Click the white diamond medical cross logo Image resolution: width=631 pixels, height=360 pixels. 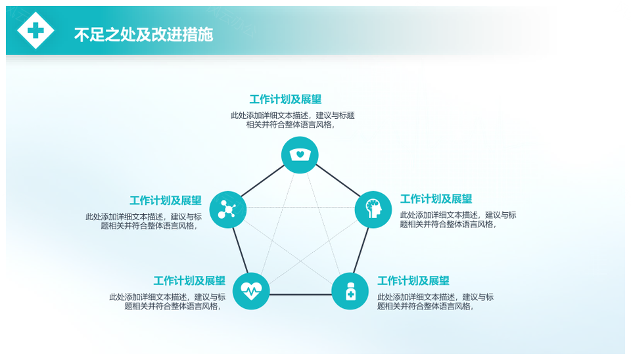[35, 30]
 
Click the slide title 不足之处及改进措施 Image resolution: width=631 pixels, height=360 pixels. [143, 35]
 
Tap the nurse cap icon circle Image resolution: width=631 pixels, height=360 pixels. [300, 155]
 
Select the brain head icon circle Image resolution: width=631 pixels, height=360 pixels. [373, 210]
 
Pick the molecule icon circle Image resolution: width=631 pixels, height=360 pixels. [228, 210]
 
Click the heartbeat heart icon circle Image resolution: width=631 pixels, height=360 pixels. [251, 291]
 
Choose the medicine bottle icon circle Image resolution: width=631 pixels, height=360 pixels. [350, 291]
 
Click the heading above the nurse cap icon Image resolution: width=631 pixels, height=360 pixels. [285, 99]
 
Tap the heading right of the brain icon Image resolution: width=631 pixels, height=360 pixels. [436, 198]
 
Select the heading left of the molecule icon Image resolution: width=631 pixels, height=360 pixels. [166, 200]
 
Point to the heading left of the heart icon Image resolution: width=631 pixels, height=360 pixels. [189, 281]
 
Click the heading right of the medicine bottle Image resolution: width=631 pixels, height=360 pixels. [413, 281]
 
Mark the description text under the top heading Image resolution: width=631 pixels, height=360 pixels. [292, 120]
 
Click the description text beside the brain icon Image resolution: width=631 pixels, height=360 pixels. [458, 219]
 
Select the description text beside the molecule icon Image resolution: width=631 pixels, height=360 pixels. [144, 221]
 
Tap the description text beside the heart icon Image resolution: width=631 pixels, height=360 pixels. [168, 302]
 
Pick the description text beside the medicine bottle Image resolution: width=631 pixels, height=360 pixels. [435, 302]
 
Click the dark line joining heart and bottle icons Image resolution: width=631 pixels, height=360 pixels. [300, 295]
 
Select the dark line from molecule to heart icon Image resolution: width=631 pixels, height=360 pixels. [241, 250]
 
